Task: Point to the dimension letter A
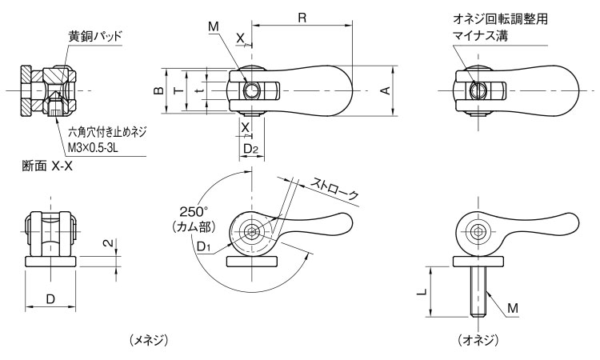tap(385, 90)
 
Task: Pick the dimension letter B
tap(160, 90)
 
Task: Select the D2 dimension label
tap(250, 148)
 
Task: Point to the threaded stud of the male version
tap(477, 293)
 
